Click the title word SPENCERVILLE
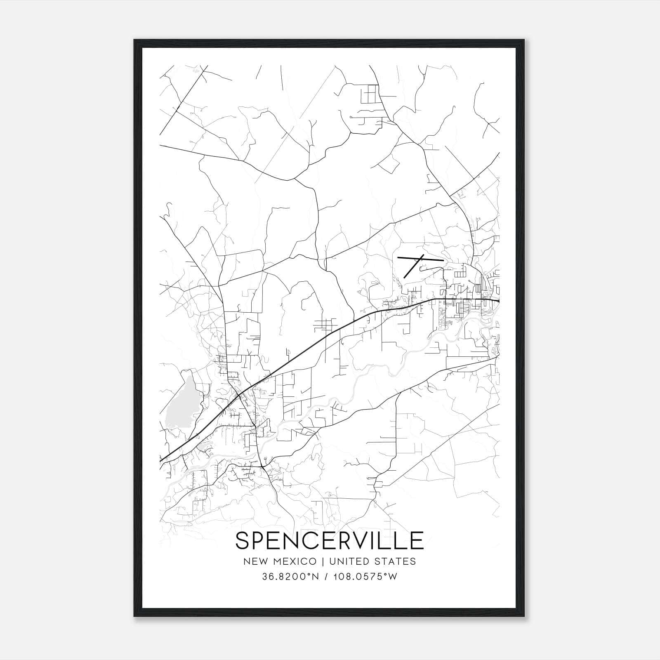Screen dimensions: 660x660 point(329,540)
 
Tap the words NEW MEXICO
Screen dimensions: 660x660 point(280,561)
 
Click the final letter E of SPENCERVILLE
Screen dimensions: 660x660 point(417,540)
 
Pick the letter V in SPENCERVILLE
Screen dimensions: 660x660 point(356,540)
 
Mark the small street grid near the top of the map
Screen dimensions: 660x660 point(369,94)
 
